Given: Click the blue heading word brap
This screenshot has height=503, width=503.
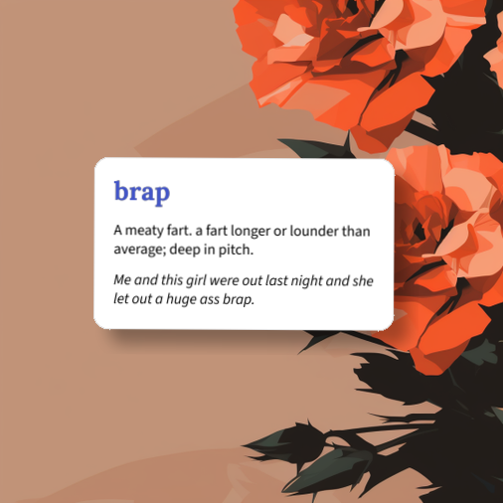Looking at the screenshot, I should point(141,192).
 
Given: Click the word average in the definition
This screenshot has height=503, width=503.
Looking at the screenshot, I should point(139,249).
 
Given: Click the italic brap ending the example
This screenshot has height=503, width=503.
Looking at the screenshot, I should point(238,299).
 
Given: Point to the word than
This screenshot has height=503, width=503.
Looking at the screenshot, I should point(356,231).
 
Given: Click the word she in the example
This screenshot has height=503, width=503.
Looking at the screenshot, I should point(362,281).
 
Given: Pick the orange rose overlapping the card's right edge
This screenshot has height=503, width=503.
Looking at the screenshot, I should point(437,239).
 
